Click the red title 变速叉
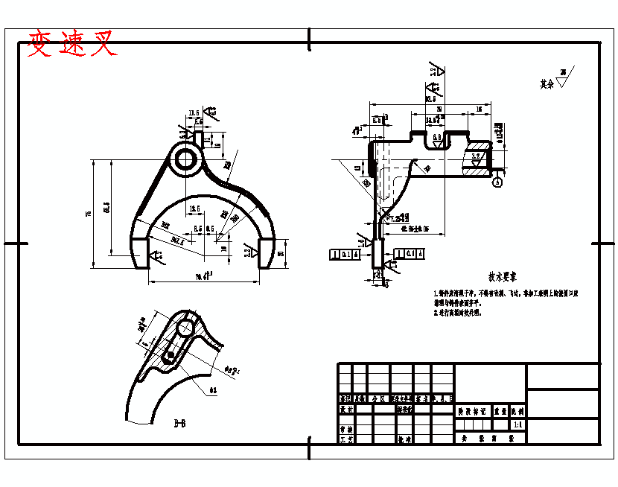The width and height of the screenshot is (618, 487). coord(72,45)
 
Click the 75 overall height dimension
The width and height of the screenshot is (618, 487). coord(89,214)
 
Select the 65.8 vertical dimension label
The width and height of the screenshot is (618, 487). coord(106,206)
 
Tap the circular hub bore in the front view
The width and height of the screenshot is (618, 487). coord(185,159)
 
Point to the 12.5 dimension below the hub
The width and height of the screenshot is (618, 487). coord(194,209)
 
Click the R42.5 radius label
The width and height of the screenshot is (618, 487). coord(177,240)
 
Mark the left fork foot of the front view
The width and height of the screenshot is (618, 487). coord(139,253)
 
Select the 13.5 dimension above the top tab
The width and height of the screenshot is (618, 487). coord(194,113)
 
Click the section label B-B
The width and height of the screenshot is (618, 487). coord(179,424)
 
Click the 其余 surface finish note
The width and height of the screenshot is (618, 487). coord(547,84)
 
